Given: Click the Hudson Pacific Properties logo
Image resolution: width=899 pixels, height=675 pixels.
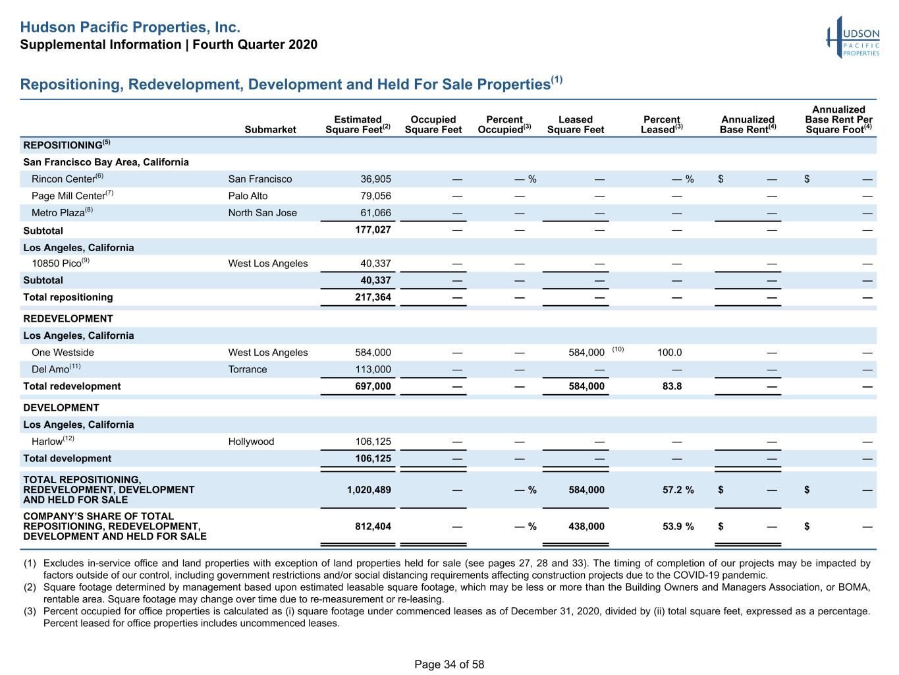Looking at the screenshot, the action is click(x=853, y=37).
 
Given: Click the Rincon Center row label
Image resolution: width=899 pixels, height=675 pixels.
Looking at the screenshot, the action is click(x=68, y=179).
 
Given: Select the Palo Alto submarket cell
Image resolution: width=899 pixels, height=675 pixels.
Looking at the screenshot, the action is click(x=248, y=196).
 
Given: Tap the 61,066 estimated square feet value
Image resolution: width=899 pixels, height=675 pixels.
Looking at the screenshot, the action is click(x=375, y=213).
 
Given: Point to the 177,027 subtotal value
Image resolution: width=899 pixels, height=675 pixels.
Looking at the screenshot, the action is click(x=373, y=229).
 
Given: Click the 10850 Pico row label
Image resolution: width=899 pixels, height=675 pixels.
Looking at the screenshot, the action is click(x=61, y=263).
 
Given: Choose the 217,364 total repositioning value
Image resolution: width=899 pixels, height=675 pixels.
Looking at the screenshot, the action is click(x=373, y=297).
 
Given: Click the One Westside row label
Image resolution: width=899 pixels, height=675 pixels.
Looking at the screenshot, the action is click(x=63, y=353).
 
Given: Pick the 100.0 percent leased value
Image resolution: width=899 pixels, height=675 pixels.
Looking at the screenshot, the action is click(x=669, y=353).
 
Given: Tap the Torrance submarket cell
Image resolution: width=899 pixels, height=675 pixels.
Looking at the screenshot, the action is click(x=248, y=369).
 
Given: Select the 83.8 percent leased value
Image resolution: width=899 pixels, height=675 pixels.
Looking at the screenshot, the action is click(x=672, y=386).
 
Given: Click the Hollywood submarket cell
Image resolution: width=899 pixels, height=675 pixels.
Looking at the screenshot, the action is click(x=251, y=442).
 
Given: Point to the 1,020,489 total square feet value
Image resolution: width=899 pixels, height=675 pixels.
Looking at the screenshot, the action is click(x=369, y=490).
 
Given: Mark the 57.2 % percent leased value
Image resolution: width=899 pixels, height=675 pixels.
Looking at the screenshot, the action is click(x=678, y=490).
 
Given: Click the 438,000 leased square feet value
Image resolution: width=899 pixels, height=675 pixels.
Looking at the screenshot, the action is click(x=586, y=526).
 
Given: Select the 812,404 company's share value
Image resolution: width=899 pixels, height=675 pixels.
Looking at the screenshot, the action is click(x=373, y=526).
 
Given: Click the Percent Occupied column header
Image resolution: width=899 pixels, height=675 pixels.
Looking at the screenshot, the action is click(x=504, y=125).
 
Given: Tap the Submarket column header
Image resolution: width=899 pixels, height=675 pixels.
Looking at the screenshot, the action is click(x=270, y=129).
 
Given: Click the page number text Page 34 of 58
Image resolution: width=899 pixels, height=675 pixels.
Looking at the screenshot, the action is click(x=449, y=664).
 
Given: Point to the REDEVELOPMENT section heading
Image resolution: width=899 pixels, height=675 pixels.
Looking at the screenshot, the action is click(x=68, y=318).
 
